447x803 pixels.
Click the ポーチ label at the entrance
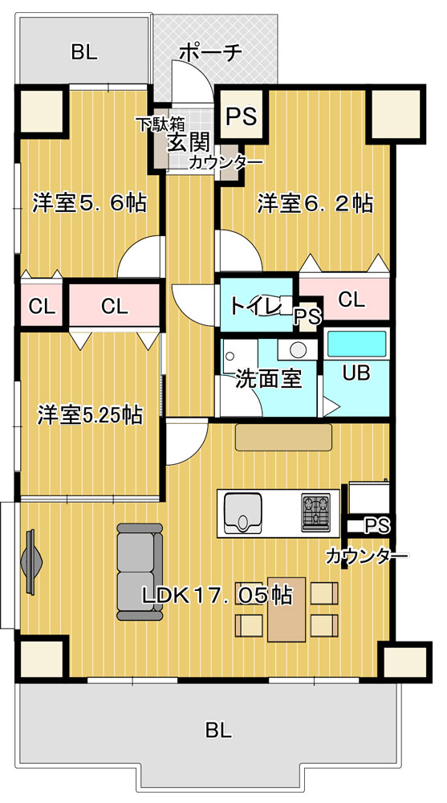tap(211, 51)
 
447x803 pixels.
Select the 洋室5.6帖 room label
tap(90, 203)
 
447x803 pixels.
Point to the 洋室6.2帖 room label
tap(315, 203)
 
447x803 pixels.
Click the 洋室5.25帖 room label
tap(90, 415)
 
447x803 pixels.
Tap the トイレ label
tap(255, 306)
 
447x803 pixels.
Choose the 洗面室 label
tap(268, 380)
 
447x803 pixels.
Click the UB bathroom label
tap(356, 373)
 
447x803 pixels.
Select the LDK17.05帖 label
tap(217, 594)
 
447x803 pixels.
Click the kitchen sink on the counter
tap(242, 512)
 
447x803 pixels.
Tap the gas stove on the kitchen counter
tap(315, 512)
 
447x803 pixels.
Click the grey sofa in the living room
tap(140, 572)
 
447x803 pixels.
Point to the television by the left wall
tap(30, 561)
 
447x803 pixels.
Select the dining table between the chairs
tap(286, 609)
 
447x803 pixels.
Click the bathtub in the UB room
tap(357, 344)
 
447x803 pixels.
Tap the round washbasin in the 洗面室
tap(298, 350)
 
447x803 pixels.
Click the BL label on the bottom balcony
tap(218, 730)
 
